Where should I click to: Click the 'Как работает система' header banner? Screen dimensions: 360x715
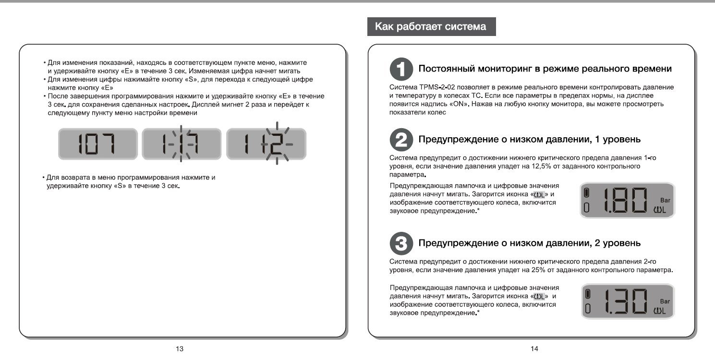point(431,27)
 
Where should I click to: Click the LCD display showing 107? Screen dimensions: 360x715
point(97,144)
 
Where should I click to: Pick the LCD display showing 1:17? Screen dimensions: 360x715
point(182,144)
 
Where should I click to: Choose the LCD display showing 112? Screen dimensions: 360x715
point(266,144)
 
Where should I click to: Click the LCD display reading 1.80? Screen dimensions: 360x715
point(627,200)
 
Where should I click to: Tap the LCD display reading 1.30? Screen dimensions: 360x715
point(627,301)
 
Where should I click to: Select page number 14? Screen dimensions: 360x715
point(534,349)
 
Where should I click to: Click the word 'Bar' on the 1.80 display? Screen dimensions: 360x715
point(665,200)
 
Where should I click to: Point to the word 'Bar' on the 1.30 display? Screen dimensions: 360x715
point(665,301)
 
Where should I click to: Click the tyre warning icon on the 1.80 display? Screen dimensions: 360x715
point(660,209)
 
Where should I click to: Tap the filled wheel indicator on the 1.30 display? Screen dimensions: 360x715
point(587,294)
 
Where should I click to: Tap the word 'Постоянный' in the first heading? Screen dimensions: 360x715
point(446,69)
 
